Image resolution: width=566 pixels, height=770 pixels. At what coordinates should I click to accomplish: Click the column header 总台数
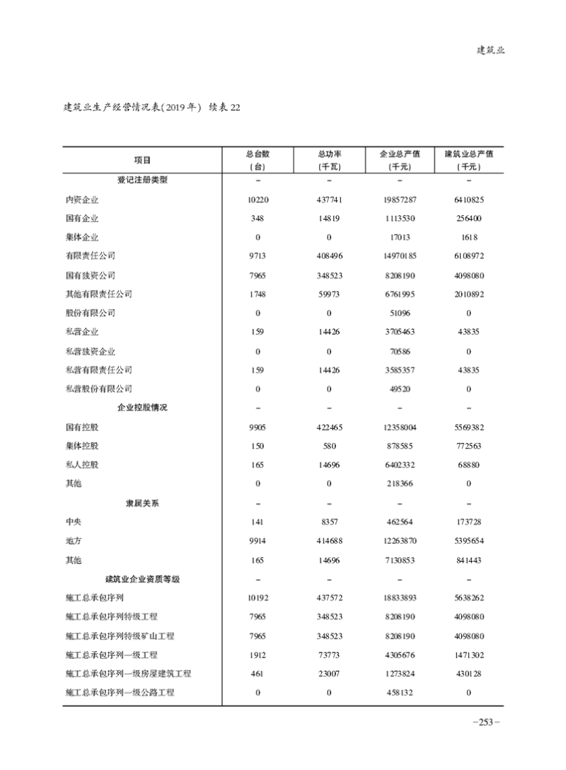point(258,153)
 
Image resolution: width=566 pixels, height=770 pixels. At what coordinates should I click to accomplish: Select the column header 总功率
point(328,153)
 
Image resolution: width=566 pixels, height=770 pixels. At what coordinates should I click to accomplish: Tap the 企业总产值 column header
point(400,153)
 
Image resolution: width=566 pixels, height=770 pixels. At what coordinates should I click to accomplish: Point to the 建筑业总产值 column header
point(468,153)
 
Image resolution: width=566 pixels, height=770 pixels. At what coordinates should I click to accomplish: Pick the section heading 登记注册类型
point(142,180)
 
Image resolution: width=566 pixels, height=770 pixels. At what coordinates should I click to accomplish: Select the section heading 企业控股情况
point(142,408)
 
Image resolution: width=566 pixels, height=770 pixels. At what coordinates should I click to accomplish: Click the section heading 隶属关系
point(142,503)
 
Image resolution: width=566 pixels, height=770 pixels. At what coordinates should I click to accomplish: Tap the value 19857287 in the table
point(400,200)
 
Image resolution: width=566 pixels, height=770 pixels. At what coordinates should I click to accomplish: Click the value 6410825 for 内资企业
point(468,200)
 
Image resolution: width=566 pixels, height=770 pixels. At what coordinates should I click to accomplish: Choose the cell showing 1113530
point(400,219)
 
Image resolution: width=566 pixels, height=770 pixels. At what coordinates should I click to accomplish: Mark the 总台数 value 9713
point(258,256)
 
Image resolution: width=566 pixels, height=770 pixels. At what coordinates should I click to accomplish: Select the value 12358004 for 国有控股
point(400,427)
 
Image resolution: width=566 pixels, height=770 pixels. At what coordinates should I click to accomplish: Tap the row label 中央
point(74,522)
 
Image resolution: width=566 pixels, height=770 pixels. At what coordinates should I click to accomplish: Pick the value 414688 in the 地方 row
point(328,541)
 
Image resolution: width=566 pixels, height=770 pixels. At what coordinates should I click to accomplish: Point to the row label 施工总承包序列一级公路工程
point(120,692)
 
